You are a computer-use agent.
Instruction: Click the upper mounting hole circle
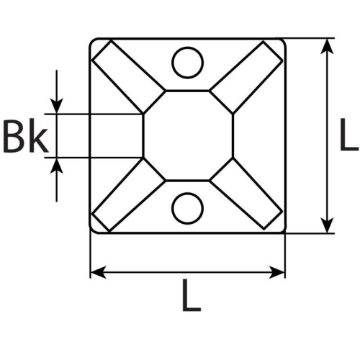pyautogui.click(x=187, y=62)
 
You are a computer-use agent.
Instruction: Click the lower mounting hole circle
pyautogui.click(x=187, y=209)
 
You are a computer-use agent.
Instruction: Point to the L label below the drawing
pyautogui.click(x=189, y=297)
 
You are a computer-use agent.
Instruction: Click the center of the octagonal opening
pyautogui.click(x=189, y=135)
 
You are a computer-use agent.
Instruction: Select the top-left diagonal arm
pyautogui.click(x=130, y=76)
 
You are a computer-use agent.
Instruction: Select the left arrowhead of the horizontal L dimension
pyautogui.click(x=98, y=272)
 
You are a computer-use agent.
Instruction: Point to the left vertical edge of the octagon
pyautogui.click(x=144, y=135)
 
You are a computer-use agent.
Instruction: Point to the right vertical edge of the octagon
pyautogui.click(x=233, y=135)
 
